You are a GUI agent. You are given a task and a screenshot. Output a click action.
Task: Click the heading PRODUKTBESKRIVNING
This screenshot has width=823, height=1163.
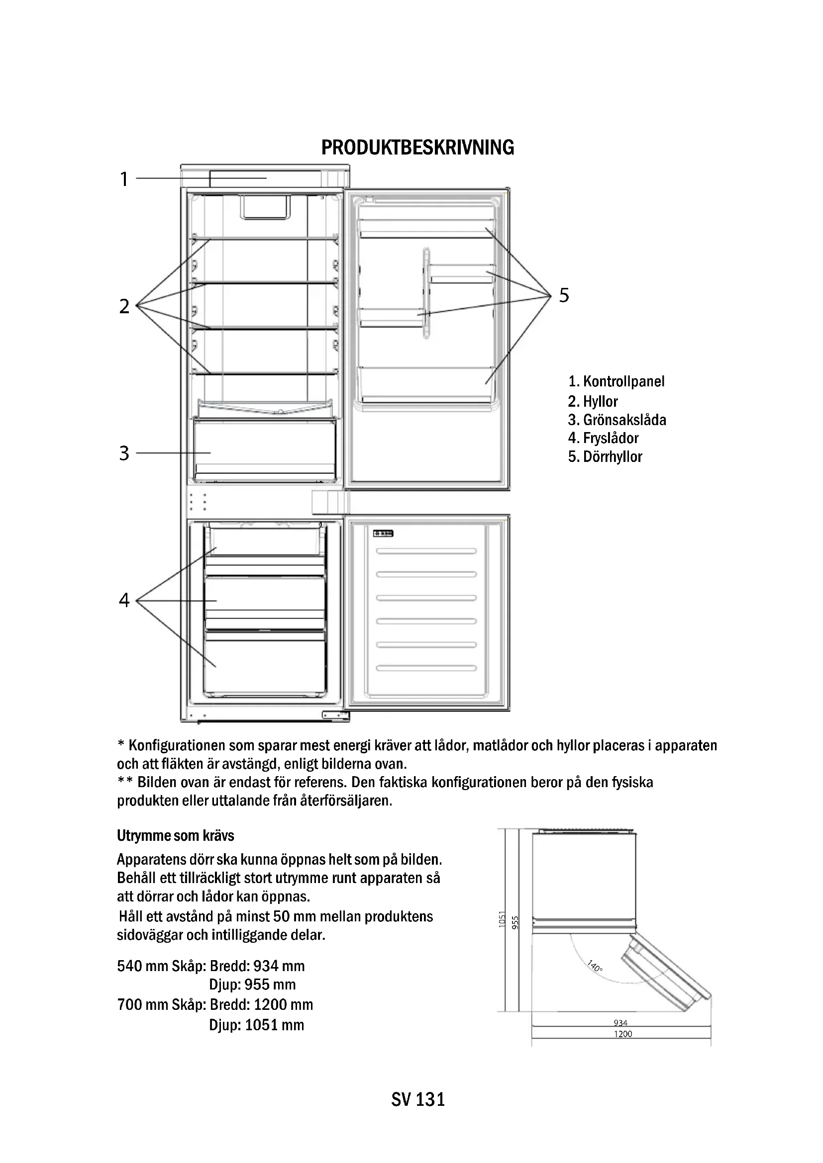417,147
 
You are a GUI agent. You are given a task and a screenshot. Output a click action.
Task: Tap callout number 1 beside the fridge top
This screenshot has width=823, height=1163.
124,179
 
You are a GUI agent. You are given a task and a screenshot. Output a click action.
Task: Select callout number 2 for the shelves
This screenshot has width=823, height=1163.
124,306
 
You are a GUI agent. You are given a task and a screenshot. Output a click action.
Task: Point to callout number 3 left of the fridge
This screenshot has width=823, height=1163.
124,453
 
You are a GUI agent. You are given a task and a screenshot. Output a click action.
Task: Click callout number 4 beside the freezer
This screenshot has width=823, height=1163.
124,600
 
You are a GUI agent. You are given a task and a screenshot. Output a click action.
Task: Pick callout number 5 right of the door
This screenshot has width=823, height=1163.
564,295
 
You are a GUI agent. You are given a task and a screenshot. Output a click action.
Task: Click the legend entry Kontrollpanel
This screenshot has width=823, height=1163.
616,381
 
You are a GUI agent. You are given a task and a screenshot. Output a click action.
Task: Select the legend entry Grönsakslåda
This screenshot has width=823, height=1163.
617,420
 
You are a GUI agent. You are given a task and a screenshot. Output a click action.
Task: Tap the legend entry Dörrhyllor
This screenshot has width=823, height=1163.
605,457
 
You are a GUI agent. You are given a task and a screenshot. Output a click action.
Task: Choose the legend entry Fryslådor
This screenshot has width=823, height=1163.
603,438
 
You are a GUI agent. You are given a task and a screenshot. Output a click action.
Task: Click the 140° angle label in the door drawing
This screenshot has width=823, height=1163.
595,966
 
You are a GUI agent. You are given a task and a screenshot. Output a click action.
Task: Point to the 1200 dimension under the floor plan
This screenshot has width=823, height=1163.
623,1034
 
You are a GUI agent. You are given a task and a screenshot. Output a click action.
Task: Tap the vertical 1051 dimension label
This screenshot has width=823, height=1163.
502,919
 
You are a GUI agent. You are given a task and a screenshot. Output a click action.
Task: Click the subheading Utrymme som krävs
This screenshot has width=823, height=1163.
175,835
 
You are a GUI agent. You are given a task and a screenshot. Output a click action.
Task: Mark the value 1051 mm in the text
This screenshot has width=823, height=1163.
274,1025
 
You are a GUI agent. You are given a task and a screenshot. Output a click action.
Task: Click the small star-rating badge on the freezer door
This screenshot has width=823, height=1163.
384,534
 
